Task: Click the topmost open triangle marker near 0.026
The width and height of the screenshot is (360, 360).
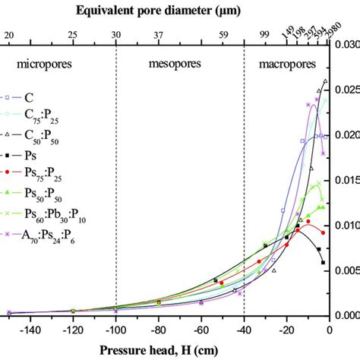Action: click(x=325, y=81)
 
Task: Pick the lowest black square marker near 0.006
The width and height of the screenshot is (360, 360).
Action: click(x=324, y=262)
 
